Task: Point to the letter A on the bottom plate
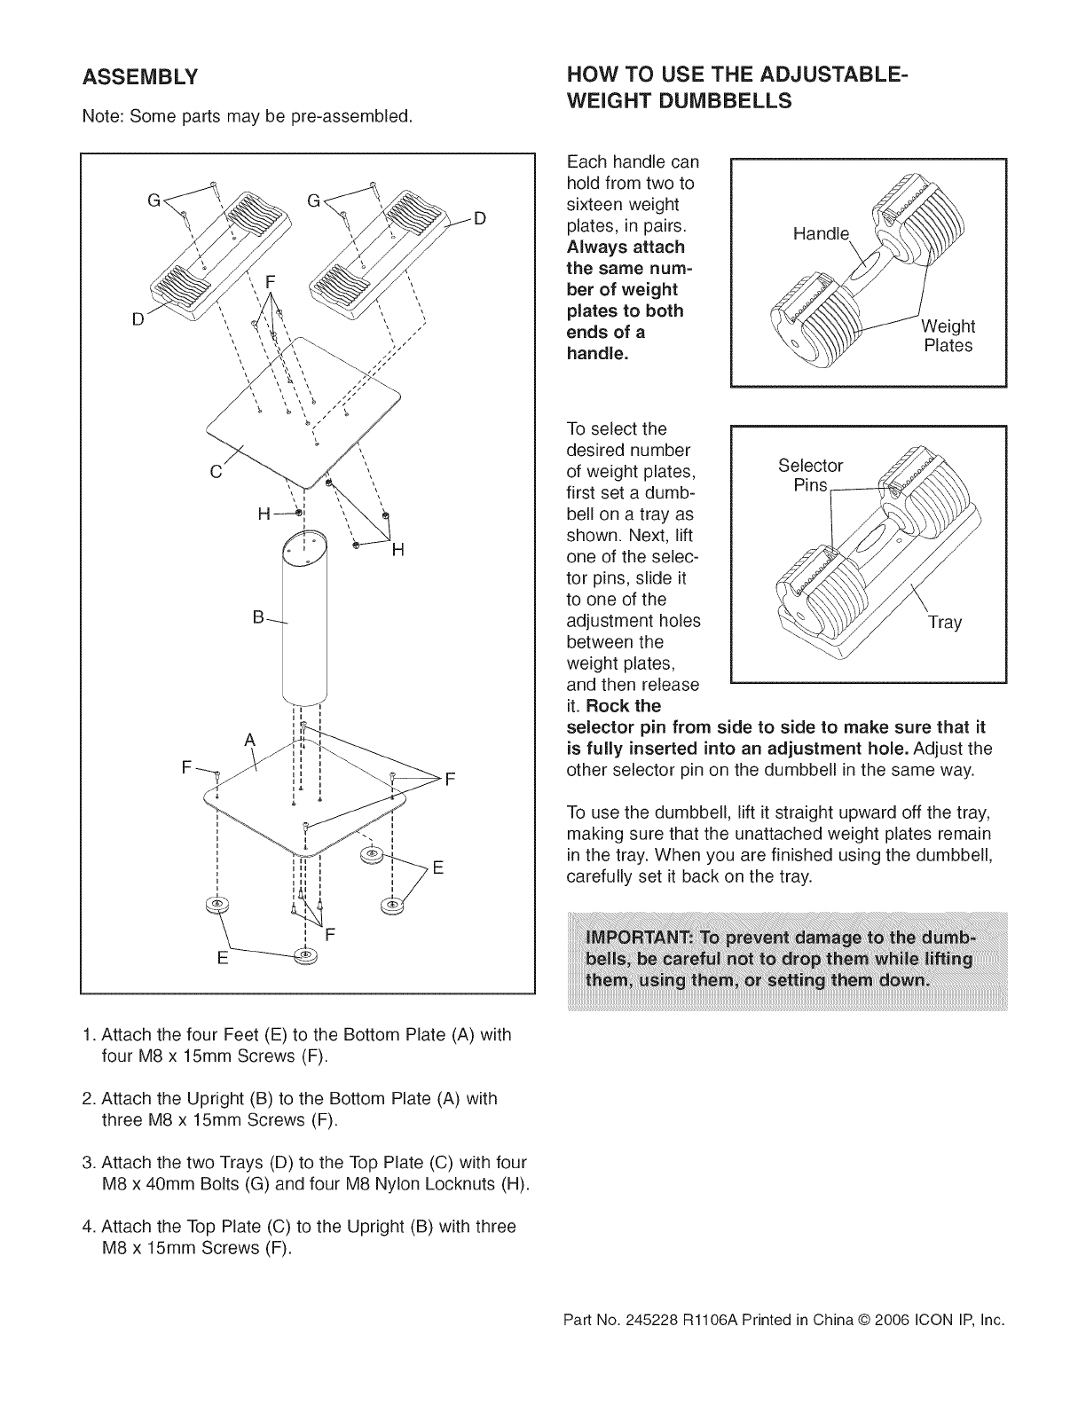(250, 741)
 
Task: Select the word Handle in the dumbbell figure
(821, 234)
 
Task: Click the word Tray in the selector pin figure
(944, 623)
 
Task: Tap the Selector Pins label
(809, 475)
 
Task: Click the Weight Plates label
(948, 336)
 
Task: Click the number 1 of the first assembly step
(86, 1035)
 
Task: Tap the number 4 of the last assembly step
(86, 1227)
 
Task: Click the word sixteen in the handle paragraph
(596, 205)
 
